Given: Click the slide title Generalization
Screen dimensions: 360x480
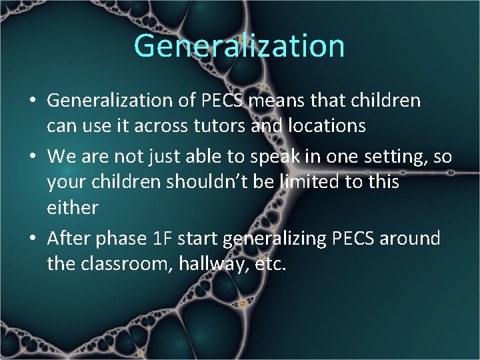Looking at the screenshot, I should pos(239,46).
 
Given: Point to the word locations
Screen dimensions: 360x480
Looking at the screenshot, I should pos(323,126).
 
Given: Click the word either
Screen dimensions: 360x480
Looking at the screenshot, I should pos(72,207).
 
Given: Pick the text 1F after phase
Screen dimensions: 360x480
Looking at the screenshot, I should pos(165,239).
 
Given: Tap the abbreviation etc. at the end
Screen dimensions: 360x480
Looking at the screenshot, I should pos(271,264).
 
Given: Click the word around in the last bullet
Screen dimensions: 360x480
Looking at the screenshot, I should pos(410,239).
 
